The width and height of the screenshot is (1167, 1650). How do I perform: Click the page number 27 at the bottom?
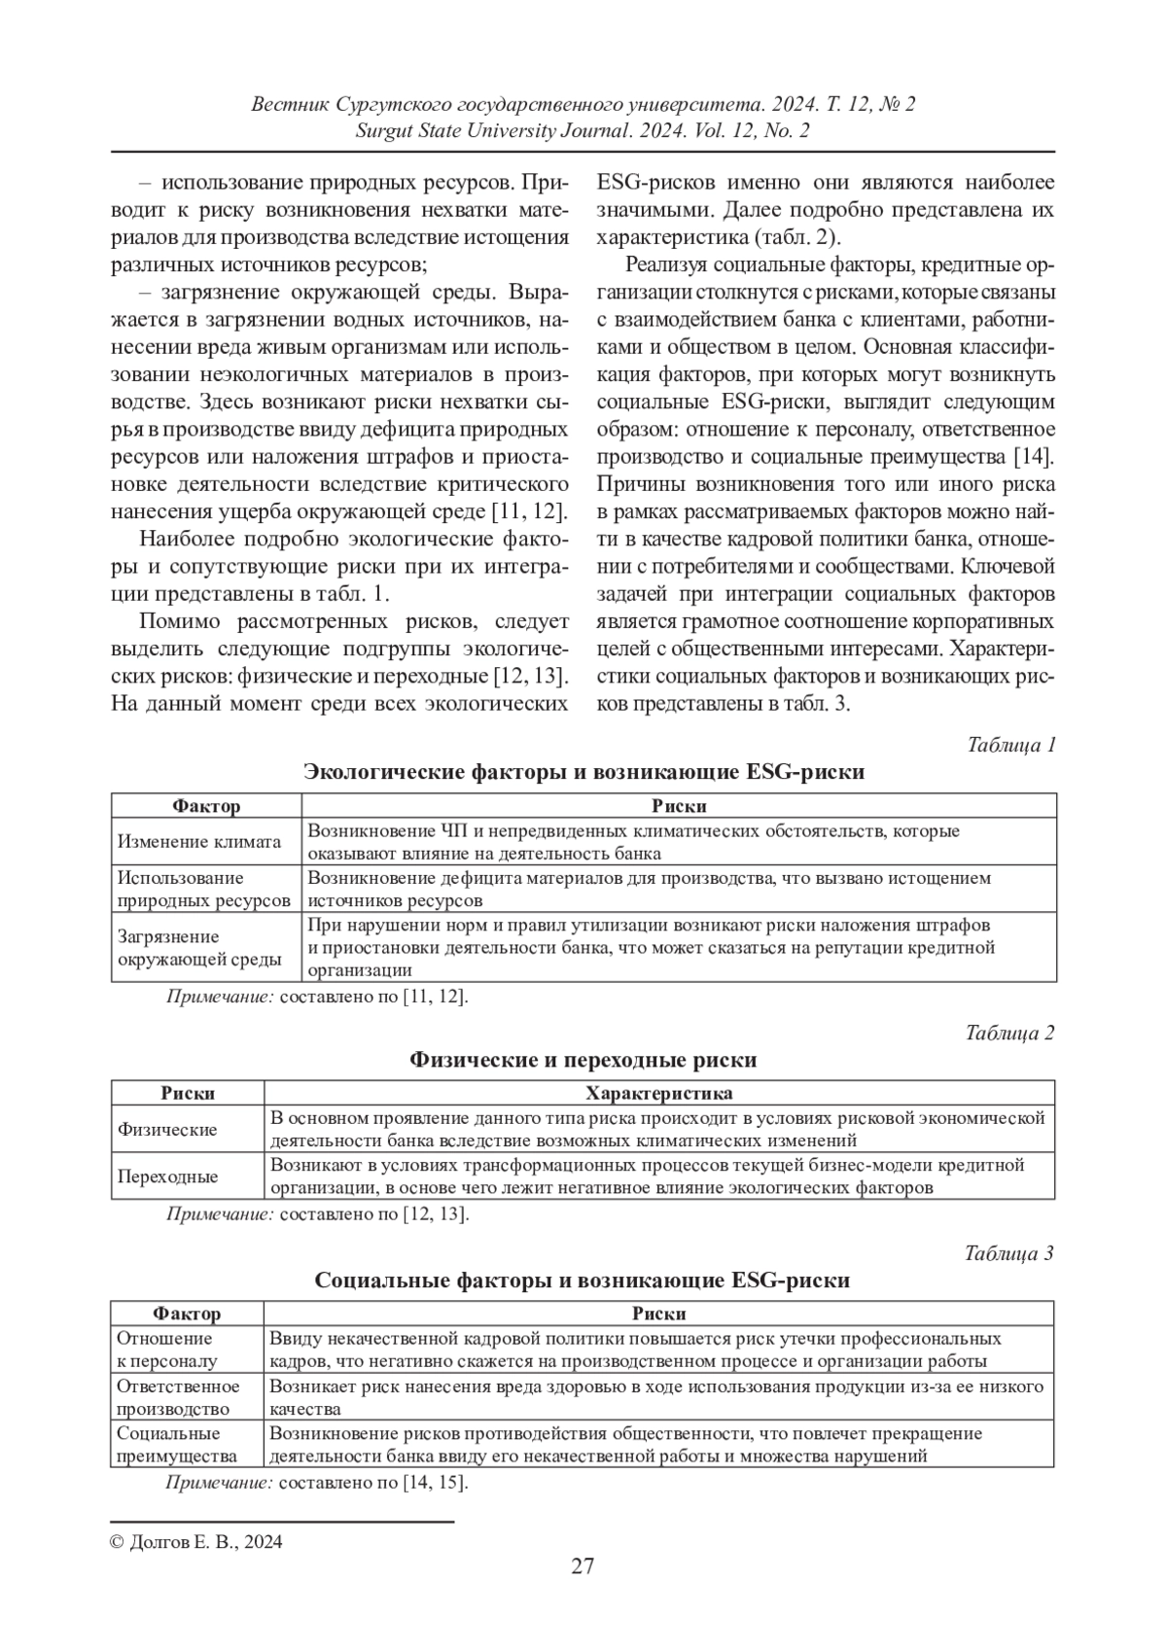point(583,1565)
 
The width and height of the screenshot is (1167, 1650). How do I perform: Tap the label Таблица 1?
point(1011,746)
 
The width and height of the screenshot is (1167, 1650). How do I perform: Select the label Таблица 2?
point(1010,1033)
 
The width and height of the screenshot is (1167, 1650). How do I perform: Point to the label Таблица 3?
point(1009,1253)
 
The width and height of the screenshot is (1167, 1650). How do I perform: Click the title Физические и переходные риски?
point(583,1059)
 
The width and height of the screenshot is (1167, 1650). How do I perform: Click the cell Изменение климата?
point(199,842)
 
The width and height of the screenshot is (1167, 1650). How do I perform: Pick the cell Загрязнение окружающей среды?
point(199,948)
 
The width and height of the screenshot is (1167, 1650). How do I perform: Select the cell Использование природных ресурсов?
point(204,890)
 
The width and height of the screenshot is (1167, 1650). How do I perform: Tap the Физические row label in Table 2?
point(167,1130)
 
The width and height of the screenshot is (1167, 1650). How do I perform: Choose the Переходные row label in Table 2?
point(167,1176)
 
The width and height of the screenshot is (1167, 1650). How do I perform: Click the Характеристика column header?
point(660,1093)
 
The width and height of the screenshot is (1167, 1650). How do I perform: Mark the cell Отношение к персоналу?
point(166,1350)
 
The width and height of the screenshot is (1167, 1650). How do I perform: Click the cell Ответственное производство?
point(178,1397)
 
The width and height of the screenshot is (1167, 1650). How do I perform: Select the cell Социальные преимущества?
point(176,1444)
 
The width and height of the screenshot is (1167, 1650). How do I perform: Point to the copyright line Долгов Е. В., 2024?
point(196,1541)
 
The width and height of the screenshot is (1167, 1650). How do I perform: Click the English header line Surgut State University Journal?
point(583,131)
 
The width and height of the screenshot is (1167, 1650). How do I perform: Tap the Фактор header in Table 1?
point(206,806)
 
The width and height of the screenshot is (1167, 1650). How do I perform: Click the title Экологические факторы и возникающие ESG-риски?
point(583,772)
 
